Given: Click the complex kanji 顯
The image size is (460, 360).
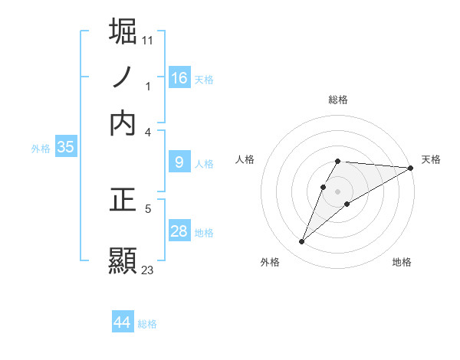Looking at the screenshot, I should (x=123, y=260).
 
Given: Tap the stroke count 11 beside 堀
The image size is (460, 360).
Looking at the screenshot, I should (x=148, y=39).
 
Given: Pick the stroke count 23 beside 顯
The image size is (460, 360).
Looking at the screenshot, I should (x=148, y=270).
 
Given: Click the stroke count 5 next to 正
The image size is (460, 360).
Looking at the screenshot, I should (x=148, y=208).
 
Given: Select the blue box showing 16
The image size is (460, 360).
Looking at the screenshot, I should (x=179, y=77).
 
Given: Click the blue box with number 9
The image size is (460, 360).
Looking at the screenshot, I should (x=179, y=162).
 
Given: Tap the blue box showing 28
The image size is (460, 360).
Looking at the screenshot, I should (x=179, y=231).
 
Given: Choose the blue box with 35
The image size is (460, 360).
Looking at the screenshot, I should (x=65, y=148).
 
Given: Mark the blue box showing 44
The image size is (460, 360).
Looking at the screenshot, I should (x=123, y=322).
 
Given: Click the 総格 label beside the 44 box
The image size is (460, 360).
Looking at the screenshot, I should (x=147, y=324).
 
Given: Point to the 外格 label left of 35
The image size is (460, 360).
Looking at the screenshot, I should (x=41, y=149).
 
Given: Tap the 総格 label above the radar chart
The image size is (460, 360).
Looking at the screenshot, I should (x=338, y=100).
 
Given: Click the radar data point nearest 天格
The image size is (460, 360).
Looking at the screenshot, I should (x=411, y=168).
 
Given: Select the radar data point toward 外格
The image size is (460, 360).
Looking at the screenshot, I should (x=301, y=242).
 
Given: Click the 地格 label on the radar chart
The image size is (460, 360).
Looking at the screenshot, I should (x=402, y=262).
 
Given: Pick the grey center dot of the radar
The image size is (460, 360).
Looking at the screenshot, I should (x=338, y=191).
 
